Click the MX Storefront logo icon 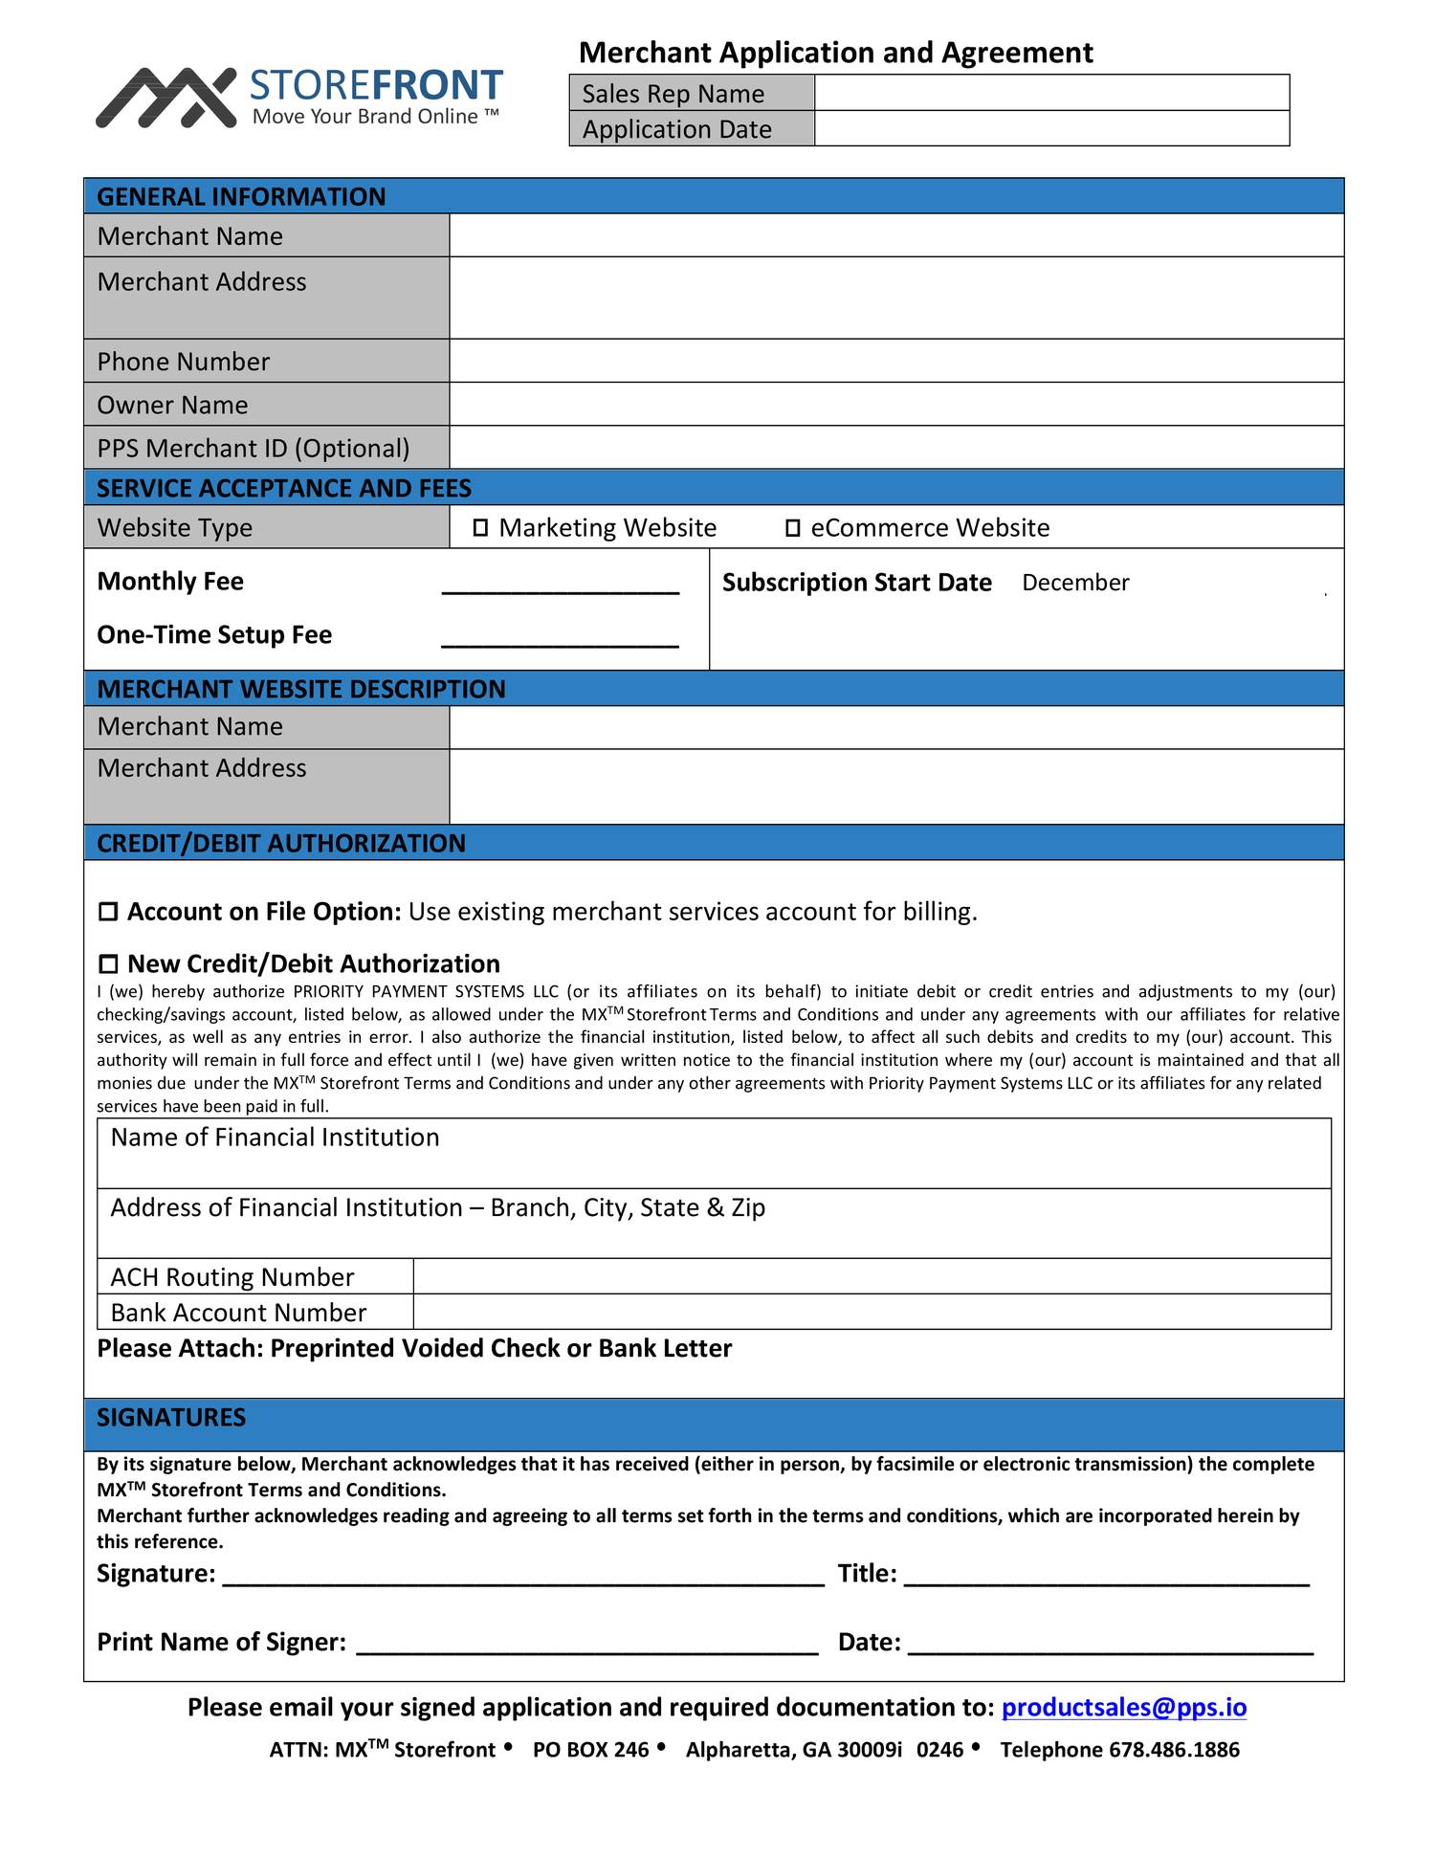tap(166, 97)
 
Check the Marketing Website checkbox tap(480, 528)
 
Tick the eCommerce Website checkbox tap(792, 528)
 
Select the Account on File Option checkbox tap(108, 912)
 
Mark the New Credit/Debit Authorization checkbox tap(108, 964)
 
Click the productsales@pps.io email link tap(1123, 1708)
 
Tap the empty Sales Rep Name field tap(1050, 93)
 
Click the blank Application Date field tap(1050, 128)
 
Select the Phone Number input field tap(895, 361)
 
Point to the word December tap(1074, 583)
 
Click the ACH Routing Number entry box tap(871, 1276)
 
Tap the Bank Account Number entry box tap(871, 1312)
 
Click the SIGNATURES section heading tap(171, 1417)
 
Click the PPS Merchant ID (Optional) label tap(254, 448)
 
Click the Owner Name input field tap(895, 404)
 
